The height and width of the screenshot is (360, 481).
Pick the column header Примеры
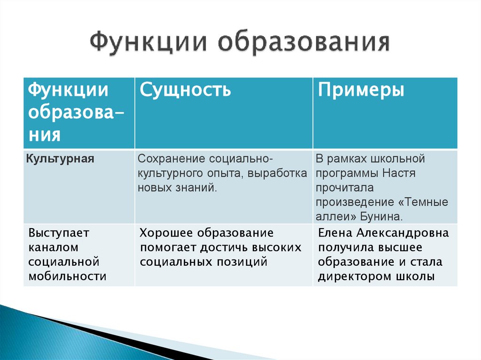tap(361, 89)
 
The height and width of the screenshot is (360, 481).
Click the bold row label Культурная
tap(61, 159)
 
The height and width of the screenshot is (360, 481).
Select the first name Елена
tap(335, 233)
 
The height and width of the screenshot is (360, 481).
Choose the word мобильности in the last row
tap(67, 276)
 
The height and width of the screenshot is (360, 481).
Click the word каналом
tap(53, 247)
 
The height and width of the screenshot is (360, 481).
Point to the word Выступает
tap(59, 233)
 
